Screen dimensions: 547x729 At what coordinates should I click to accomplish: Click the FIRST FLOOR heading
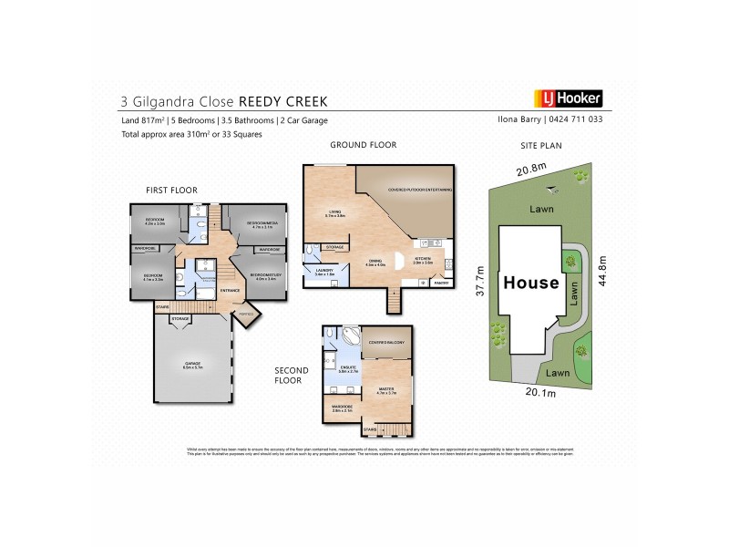click(172, 190)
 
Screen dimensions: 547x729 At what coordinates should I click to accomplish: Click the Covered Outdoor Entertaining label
click(419, 190)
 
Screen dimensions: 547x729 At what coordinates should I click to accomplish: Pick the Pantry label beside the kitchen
click(441, 283)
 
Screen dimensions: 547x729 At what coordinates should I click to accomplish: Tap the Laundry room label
click(324, 270)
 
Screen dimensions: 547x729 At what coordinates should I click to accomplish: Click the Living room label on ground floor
click(334, 213)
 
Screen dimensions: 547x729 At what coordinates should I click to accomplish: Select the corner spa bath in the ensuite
click(351, 336)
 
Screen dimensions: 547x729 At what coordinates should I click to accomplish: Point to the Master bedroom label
click(386, 390)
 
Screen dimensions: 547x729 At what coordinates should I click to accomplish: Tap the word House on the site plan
click(530, 283)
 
